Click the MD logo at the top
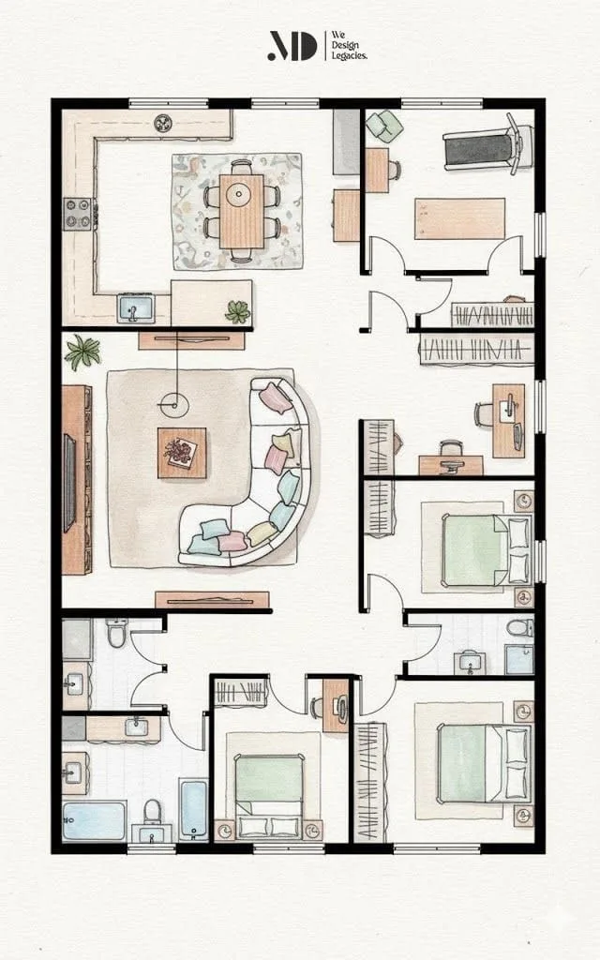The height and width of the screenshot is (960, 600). [x=292, y=46]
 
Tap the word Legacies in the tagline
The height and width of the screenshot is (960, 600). [x=349, y=55]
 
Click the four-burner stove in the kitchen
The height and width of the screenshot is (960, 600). [x=79, y=214]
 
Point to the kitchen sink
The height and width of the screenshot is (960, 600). [x=136, y=307]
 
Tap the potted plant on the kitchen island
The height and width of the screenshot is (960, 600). [x=238, y=311]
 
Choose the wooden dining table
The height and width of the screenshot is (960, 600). [x=241, y=211]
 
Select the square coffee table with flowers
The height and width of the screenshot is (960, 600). [x=182, y=453]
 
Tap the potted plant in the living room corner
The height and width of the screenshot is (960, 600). [x=82, y=352]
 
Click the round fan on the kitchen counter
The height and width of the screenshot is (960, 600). [x=164, y=123]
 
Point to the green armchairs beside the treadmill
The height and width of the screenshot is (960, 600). [x=384, y=126]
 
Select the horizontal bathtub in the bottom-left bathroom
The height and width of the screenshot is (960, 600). [x=94, y=820]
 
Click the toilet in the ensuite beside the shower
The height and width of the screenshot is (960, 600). [x=520, y=627]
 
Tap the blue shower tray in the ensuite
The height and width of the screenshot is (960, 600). [x=519, y=659]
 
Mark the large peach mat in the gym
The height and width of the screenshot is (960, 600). [x=459, y=218]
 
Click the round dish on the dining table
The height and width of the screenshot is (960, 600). [x=237, y=195]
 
